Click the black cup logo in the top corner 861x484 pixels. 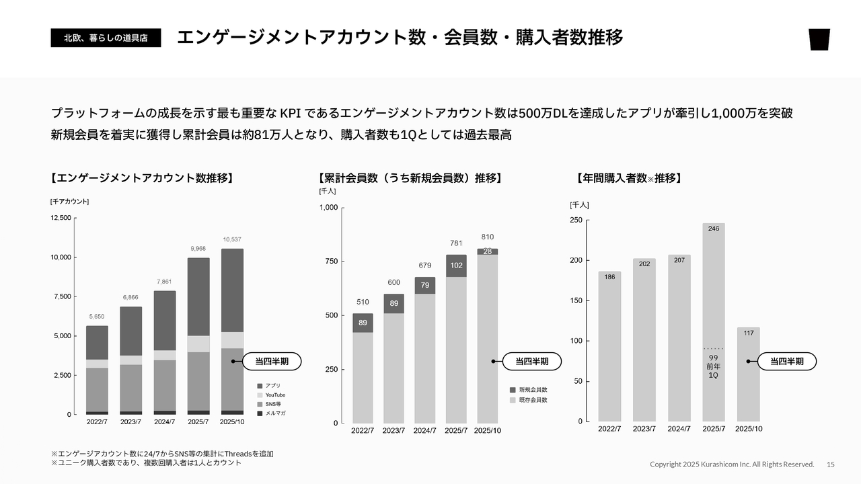[x=819, y=40]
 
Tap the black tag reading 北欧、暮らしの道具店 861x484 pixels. [x=106, y=38]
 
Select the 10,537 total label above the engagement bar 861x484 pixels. [x=232, y=240]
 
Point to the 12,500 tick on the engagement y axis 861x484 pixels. [x=61, y=218]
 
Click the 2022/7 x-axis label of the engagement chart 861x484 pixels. [x=97, y=422]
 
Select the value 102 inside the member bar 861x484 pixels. [x=456, y=266]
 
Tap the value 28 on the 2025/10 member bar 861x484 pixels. [x=488, y=251]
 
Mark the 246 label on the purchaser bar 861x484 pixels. [x=714, y=229]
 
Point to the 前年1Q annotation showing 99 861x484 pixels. [x=713, y=366]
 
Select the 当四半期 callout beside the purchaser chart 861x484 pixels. [x=787, y=362]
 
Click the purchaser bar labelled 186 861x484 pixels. [x=609, y=346]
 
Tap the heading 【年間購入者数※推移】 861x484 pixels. [x=630, y=179]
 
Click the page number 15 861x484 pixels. [x=831, y=465]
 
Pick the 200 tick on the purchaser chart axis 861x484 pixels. [x=576, y=261]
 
